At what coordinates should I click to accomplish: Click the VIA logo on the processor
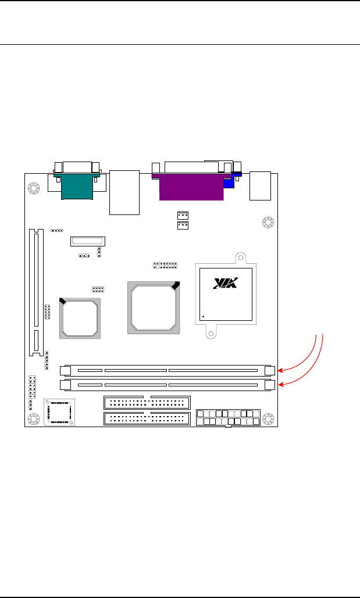[226, 282]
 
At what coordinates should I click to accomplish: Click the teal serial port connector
[77, 186]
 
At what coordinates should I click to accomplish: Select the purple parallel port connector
[191, 187]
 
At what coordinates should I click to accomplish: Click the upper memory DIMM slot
[167, 370]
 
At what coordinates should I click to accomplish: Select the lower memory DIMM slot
[167, 385]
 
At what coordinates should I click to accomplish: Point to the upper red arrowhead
[280, 370]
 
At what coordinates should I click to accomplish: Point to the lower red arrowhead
[280, 385]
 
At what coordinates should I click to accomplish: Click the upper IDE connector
[147, 403]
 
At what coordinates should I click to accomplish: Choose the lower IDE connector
[147, 419]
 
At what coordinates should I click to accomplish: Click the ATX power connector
[229, 418]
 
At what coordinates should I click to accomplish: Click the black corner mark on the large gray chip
[176, 285]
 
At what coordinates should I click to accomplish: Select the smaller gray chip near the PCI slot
[80, 318]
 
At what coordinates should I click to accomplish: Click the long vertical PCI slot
[36, 292]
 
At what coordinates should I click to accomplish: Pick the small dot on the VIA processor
[204, 317]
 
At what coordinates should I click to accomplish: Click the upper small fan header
[183, 214]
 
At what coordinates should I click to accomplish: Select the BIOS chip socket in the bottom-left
[59, 412]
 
